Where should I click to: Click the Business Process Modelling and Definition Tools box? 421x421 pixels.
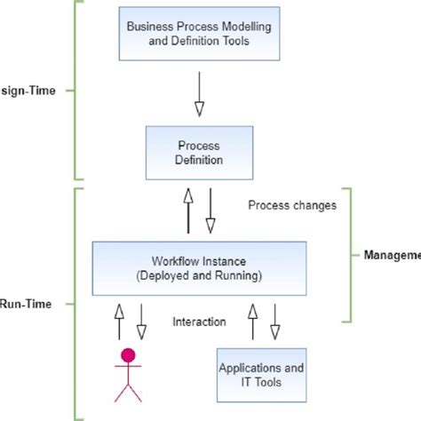(x=198, y=35)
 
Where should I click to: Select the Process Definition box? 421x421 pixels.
(x=198, y=152)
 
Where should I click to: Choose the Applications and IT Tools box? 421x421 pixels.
(x=262, y=375)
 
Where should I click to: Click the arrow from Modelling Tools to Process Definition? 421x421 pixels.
(x=199, y=93)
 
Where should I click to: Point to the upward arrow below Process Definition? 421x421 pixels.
(x=187, y=210)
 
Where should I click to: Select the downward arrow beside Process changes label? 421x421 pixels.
(x=211, y=210)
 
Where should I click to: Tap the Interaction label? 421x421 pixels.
(x=198, y=322)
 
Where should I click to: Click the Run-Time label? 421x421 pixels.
(x=27, y=303)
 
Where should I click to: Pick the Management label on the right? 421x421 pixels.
(x=392, y=255)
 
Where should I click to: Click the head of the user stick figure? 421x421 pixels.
(x=129, y=356)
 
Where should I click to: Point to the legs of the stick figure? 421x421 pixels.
(x=129, y=392)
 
